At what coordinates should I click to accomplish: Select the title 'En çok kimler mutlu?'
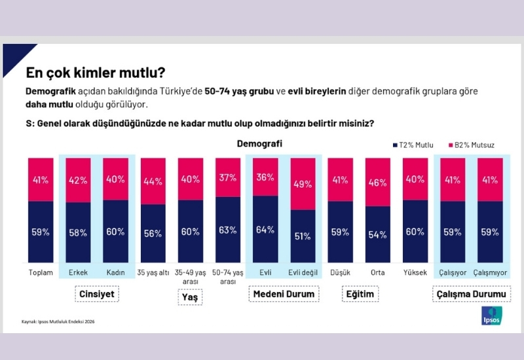[x=95, y=71]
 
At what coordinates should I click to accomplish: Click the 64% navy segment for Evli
[x=265, y=229]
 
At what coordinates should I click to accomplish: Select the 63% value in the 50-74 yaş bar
[x=228, y=230]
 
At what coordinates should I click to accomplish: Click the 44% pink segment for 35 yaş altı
[x=153, y=181]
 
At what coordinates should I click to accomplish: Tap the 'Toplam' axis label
[x=41, y=272]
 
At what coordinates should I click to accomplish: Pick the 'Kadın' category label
[x=116, y=272]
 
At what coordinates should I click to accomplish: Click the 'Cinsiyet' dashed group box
[x=96, y=295]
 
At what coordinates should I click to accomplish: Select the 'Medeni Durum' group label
[x=284, y=295]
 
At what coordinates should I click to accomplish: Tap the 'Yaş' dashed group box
[x=191, y=297]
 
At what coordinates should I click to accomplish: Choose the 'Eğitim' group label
[x=360, y=295]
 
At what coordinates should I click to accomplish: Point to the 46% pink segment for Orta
[x=378, y=183]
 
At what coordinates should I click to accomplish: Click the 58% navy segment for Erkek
[x=78, y=232]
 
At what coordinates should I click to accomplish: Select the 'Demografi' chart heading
[x=259, y=143]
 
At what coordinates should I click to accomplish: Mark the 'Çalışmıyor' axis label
[x=490, y=272]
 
